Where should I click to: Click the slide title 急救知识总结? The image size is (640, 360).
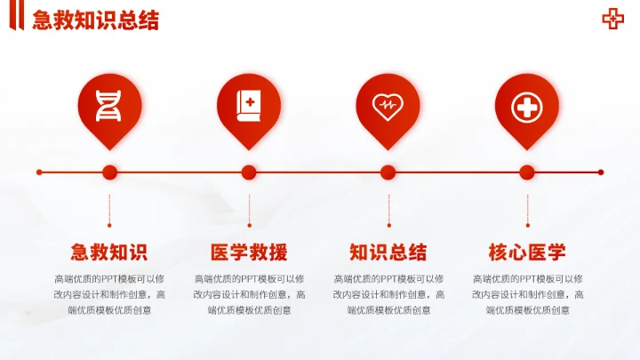tap(95, 20)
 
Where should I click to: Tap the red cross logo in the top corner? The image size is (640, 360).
tap(612, 19)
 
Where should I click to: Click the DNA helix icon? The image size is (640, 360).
tap(109, 106)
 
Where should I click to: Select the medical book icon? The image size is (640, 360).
tap(248, 106)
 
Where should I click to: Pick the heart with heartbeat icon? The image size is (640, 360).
tap(388, 106)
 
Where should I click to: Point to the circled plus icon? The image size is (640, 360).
tap(526, 107)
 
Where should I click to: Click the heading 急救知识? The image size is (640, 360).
tap(109, 252)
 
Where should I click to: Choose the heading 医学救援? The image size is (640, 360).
tap(248, 252)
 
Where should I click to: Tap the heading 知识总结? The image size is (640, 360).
tap(388, 252)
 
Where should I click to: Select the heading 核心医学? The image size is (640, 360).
tap(526, 252)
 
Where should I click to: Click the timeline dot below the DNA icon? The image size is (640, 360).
tap(110, 172)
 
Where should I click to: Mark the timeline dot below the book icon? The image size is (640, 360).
tap(249, 172)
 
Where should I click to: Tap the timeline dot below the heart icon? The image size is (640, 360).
tap(388, 172)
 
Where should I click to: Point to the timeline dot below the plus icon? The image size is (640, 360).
tap(527, 172)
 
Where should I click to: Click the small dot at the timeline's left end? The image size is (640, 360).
tap(39, 172)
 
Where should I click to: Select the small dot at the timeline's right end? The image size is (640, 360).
tap(601, 172)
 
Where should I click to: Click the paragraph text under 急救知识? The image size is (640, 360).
tap(109, 294)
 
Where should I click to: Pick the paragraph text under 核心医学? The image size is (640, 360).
tap(526, 294)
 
